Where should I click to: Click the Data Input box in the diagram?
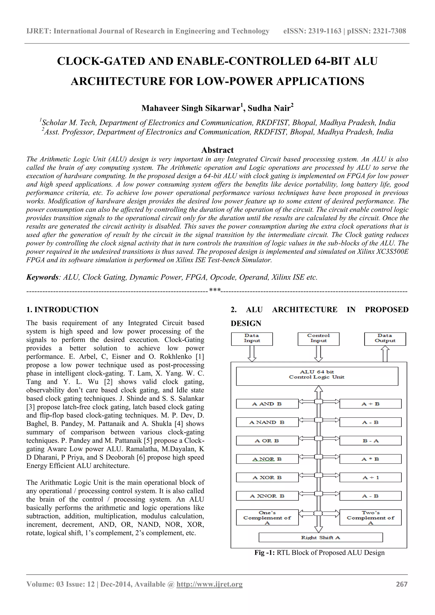[x=252, y=339]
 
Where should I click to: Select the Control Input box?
[x=318, y=339]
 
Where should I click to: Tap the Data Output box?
[x=385, y=339]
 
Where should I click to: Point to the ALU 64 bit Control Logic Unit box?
[x=317, y=376]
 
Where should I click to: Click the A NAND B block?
[x=267, y=422]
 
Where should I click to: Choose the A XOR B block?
[x=267, y=477]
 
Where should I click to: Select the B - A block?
[x=370, y=441]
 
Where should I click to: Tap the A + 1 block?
[x=370, y=477]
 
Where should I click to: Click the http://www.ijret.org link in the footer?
[x=209, y=584]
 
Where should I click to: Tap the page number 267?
[x=401, y=584]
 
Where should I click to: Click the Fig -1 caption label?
[x=264, y=553]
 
